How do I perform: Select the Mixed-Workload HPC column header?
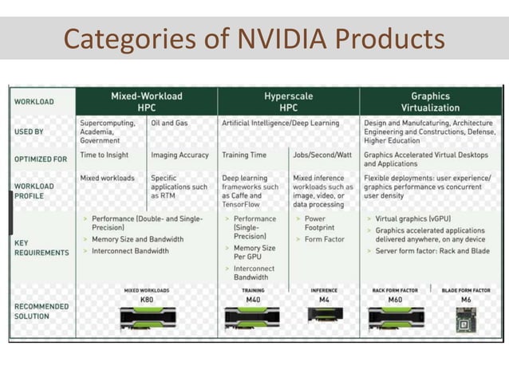click(146, 101)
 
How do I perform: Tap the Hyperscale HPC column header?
click(288, 101)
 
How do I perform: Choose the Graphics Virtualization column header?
click(430, 101)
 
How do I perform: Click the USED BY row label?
click(30, 130)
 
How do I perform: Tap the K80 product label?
click(147, 299)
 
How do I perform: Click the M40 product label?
click(253, 299)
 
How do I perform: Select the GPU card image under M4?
click(324, 315)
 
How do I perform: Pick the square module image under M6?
click(465, 319)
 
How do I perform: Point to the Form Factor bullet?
click(324, 239)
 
